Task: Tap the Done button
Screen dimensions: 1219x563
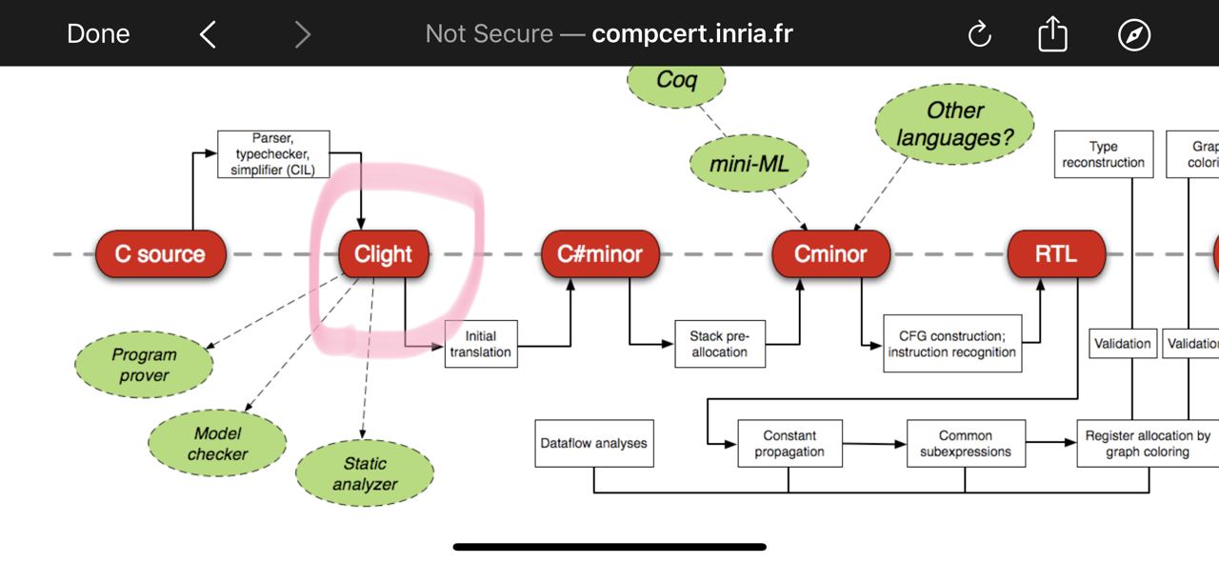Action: pos(98,33)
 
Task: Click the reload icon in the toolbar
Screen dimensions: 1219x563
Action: pos(980,34)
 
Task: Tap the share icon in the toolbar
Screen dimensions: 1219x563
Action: pos(1052,33)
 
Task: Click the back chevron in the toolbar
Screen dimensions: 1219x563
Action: pos(208,34)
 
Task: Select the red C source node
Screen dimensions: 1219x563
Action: pos(161,253)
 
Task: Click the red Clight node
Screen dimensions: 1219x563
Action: pos(384,253)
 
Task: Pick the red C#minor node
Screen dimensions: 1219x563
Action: pos(600,253)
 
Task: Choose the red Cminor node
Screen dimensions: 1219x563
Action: pos(831,253)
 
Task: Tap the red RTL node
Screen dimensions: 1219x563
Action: pos(1056,253)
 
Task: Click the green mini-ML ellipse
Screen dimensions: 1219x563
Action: pos(749,163)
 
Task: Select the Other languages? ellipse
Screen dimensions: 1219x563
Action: pos(954,124)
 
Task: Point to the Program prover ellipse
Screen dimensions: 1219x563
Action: pos(144,364)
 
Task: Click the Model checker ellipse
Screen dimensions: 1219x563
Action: pos(217,443)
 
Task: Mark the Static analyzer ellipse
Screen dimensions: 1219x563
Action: pos(365,473)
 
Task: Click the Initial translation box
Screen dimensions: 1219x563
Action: pos(481,344)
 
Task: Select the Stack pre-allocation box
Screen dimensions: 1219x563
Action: pos(720,344)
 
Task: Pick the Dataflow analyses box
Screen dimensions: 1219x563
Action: pos(594,443)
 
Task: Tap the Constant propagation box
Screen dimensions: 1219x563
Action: pos(789,443)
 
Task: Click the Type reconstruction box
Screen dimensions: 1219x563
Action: pos(1104,154)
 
